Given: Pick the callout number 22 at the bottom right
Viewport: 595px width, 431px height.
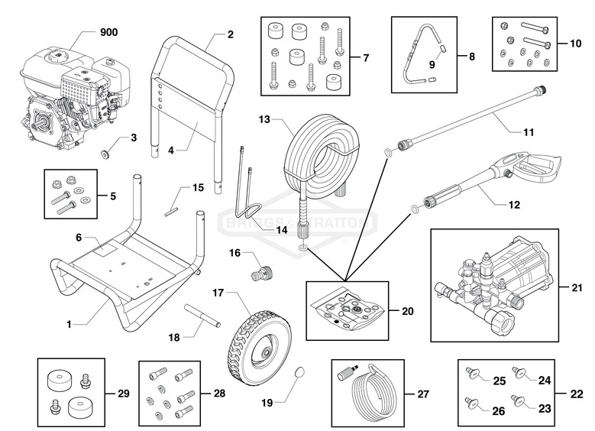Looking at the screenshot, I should point(577,394).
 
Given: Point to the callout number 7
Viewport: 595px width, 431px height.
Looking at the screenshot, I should point(365,58).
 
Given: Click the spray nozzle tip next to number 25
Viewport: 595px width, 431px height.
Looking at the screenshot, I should point(471,374).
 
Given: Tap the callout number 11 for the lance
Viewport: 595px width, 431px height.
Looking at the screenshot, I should point(528,131).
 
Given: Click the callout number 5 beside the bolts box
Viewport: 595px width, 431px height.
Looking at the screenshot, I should point(112,196).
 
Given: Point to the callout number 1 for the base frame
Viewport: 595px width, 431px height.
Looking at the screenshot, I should point(69,324).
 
